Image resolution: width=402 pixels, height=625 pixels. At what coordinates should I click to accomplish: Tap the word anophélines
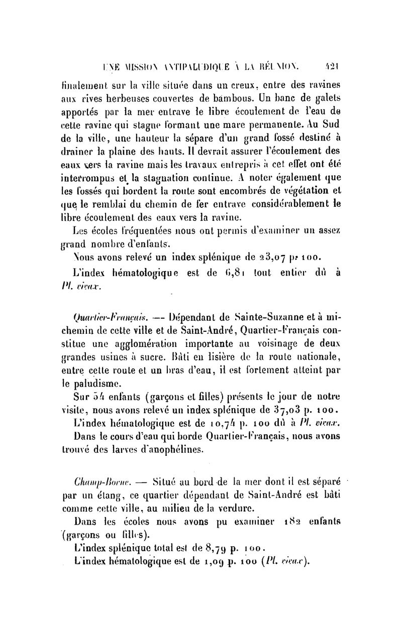(x=172, y=450)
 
